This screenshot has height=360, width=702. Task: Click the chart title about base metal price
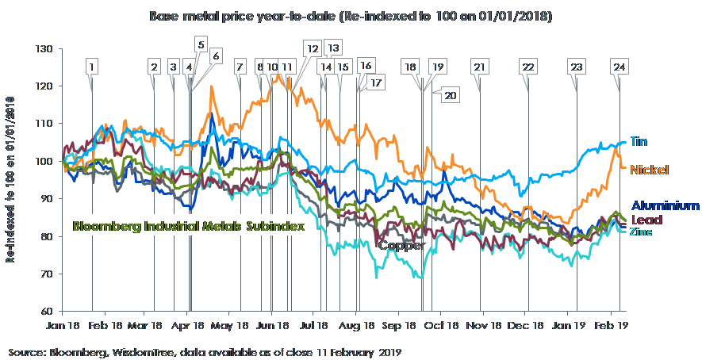click(350, 15)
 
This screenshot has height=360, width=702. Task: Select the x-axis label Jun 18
click(277, 325)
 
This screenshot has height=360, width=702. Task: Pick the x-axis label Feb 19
click(609, 325)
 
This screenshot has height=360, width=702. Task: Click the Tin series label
click(639, 142)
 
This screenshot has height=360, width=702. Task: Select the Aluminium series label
click(665, 205)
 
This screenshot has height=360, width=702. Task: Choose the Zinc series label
click(641, 232)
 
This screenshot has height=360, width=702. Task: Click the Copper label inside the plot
click(401, 245)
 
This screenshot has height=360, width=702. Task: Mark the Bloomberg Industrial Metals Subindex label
click(189, 226)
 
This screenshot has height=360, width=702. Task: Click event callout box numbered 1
click(93, 67)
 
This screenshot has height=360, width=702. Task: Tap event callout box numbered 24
click(620, 67)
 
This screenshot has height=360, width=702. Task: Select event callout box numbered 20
click(450, 95)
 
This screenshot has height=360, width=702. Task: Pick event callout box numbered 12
click(313, 49)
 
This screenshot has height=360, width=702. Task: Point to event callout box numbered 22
click(527, 67)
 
